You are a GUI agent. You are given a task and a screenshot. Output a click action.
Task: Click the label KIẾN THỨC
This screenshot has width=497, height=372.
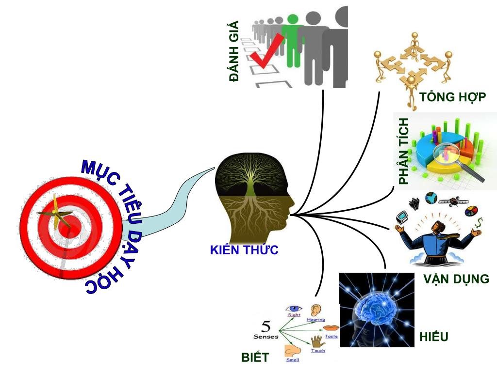pos(244,250)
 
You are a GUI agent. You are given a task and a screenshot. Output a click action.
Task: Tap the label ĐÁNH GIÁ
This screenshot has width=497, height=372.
pos(234,51)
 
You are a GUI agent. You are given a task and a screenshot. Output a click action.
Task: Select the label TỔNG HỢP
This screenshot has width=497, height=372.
pos(452,97)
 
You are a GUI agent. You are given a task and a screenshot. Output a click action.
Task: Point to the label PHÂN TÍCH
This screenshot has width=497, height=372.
pos(403,151)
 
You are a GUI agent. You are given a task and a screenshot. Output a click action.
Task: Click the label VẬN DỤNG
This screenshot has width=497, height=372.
pos(456,279)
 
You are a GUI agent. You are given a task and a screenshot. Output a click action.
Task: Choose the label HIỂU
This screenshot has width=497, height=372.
pos(434,337)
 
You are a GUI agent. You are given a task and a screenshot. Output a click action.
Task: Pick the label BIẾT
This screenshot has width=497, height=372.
pos(255,357)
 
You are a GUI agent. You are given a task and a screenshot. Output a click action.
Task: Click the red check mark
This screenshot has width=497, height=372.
pos(266,51)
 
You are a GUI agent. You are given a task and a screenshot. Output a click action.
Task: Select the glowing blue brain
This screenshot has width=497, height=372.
pos(376,310)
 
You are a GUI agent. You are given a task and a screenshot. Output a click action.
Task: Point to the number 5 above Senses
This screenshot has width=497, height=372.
pos(266,325)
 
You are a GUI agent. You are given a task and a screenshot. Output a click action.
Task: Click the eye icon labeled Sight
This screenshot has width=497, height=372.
pos(294,308)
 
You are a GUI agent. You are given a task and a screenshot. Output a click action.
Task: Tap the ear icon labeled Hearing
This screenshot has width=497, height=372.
pos(315,310)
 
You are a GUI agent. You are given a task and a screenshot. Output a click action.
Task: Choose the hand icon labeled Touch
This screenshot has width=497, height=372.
pos(317,341)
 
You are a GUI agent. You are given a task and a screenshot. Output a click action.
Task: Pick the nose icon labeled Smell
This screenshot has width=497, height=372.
pos(292,350)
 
